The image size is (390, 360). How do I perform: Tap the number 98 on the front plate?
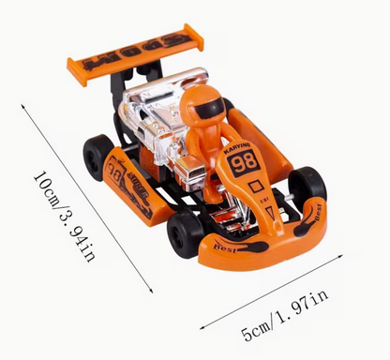(245, 160)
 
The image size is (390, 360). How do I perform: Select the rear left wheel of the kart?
(97, 156)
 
